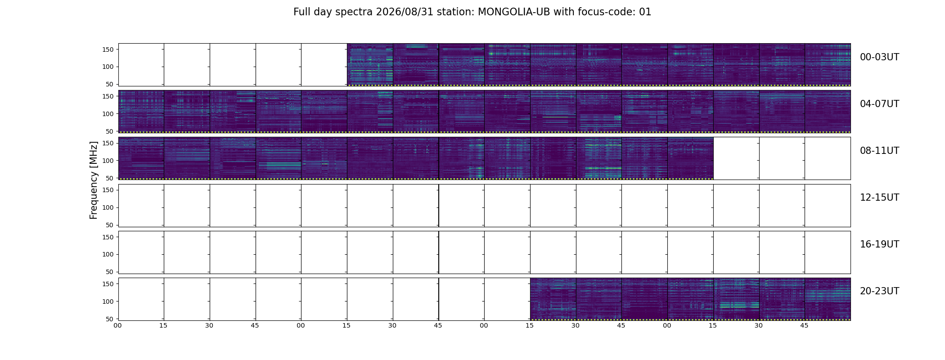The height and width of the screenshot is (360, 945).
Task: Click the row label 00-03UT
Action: coord(879,57)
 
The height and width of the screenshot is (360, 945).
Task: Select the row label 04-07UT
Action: coord(879,104)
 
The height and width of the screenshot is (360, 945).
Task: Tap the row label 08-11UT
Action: coord(879,151)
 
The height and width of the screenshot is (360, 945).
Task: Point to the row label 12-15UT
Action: coord(879,198)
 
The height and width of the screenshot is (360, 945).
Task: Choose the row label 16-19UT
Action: coord(879,244)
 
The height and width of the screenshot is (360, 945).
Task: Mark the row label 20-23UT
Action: coord(879,291)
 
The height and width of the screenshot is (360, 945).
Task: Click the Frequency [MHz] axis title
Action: coord(94,180)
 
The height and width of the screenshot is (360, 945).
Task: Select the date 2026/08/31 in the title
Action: coord(405,12)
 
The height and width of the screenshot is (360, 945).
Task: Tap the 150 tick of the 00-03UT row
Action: coord(108,49)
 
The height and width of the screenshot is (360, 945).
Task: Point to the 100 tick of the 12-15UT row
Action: coord(108,207)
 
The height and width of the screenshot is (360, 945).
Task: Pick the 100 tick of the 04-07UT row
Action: coord(108,114)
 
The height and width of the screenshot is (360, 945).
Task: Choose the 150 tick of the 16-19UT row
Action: coord(108,237)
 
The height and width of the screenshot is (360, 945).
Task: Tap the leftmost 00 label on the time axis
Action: coord(117,326)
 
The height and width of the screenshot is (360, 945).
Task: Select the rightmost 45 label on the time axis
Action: coord(804,326)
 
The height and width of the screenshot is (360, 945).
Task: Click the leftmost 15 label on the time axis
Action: coord(163,326)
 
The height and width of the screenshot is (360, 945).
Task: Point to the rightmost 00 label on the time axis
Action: coord(667,326)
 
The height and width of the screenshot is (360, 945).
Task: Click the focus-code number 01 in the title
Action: coord(645,12)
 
